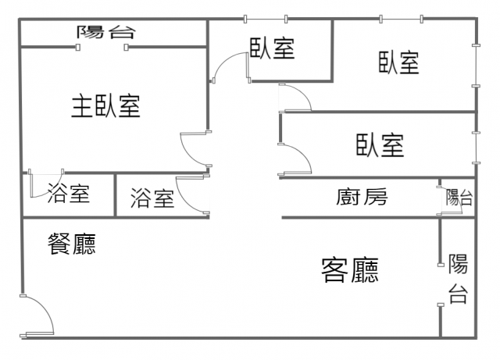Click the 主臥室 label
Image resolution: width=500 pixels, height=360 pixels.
[x=106, y=106]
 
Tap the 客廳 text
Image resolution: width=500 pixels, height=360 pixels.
[x=351, y=270]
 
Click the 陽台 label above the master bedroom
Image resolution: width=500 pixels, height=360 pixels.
[x=107, y=32]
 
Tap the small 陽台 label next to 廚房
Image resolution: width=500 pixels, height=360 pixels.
[x=459, y=198]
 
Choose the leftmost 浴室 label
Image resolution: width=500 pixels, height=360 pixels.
[x=68, y=194]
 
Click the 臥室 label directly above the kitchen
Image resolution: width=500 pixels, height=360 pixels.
[x=380, y=145]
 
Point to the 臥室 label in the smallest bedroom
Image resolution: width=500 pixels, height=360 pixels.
[x=273, y=48]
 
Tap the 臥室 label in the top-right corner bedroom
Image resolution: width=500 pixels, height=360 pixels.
[x=398, y=62]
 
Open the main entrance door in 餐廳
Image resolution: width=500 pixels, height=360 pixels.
[x=37, y=317]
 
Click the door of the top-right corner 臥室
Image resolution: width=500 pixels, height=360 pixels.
[x=295, y=98]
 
